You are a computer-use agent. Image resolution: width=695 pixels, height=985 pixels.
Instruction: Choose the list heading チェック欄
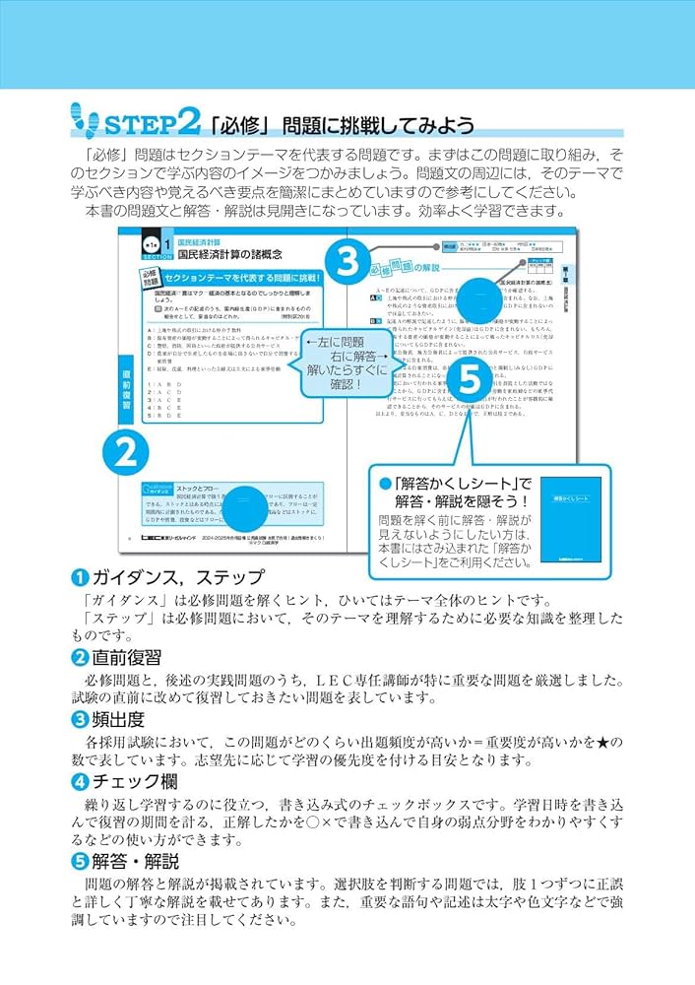point(128,782)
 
